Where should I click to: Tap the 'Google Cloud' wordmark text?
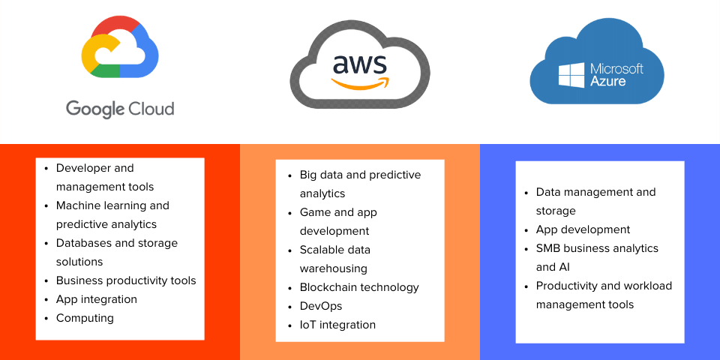point(120,109)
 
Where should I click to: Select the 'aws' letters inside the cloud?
point(359,64)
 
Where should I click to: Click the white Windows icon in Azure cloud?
point(571,75)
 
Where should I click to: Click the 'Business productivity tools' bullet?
point(126,280)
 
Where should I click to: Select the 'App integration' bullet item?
point(97,299)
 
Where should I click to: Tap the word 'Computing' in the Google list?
point(85,318)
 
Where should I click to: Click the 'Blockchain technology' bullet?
point(359,287)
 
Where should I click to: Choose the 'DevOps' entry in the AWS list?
point(321,306)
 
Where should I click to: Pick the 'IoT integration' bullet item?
point(337,325)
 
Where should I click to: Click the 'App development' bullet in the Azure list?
point(583,229)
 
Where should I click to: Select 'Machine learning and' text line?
point(112,205)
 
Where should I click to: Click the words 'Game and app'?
point(338,212)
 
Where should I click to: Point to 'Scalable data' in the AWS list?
point(335,250)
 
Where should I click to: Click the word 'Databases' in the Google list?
point(84,243)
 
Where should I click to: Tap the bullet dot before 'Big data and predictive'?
point(291,175)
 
